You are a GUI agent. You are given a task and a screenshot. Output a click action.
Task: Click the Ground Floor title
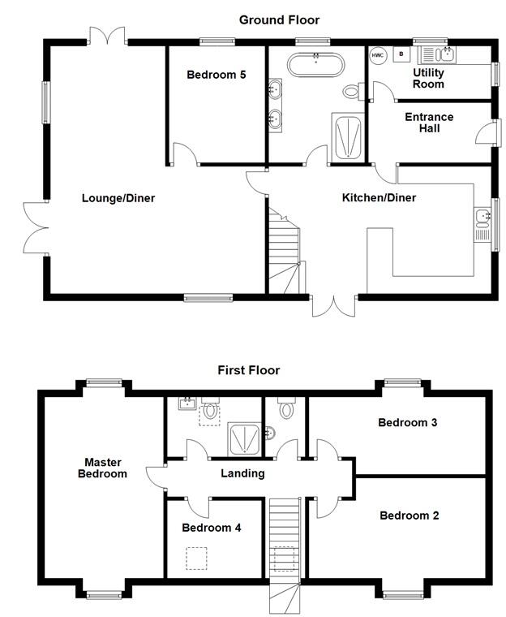[279, 19]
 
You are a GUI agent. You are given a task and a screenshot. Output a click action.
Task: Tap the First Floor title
[248, 370]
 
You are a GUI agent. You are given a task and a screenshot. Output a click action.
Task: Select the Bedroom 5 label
[216, 76]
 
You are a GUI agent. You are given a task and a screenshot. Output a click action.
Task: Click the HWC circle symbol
[378, 55]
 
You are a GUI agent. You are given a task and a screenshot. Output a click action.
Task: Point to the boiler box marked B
[401, 55]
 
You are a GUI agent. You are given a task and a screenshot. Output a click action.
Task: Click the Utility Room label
[428, 78]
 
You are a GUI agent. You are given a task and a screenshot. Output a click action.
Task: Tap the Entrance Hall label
[429, 123]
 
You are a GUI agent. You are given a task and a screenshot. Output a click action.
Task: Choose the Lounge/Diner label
[118, 198]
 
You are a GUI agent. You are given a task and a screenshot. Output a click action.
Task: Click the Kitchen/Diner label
[379, 198]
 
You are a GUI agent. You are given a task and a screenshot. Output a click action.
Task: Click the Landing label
[242, 473]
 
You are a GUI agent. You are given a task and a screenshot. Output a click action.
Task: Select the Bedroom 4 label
[211, 528]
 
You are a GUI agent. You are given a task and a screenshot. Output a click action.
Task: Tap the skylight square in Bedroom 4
[196, 559]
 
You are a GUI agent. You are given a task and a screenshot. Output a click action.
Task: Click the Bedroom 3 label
[408, 423]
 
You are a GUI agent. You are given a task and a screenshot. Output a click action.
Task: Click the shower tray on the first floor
[242, 438]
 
